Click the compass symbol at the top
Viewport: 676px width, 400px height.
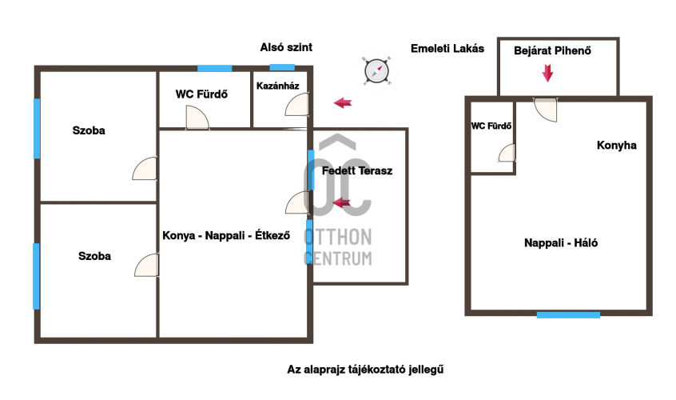(x=376, y=70)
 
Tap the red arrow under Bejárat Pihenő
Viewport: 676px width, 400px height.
(x=547, y=74)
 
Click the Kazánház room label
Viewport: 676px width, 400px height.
(x=278, y=85)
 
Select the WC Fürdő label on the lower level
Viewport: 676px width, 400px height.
(x=202, y=94)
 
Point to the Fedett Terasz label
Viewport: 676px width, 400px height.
(x=357, y=170)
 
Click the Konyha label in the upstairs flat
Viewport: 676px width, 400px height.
(x=616, y=146)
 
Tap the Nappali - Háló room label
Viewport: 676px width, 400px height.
(x=562, y=243)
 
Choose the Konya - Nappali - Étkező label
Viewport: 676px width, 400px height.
(x=225, y=235)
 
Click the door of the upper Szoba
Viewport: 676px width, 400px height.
(x=145, y=170)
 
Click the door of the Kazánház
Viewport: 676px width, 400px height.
(x=296, y=104)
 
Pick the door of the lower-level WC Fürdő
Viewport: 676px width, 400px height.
(x=197, y=118)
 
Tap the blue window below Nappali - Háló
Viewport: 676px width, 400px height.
(x=568, y=315)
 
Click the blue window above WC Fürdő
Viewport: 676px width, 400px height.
(x=215, y=68)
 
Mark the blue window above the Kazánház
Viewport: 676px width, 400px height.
(x=282, y=67)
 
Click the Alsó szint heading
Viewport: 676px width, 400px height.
(x=286, y=48)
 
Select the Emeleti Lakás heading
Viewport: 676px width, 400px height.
(x=447, y=48)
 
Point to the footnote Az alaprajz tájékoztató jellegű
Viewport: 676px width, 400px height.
(x=365, y=370)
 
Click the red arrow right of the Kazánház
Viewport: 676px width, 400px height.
(x=343, y=102)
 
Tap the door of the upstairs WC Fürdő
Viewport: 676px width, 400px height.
(x=507, y=154)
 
